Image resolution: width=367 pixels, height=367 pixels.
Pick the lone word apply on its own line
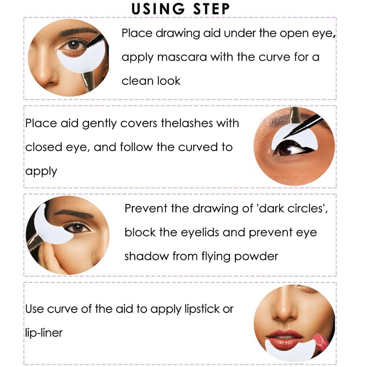(x=41, y=171)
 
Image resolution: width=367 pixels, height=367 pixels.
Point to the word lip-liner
(x=44, y=333)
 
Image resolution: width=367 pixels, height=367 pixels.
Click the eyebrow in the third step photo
(x=73, y=213)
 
